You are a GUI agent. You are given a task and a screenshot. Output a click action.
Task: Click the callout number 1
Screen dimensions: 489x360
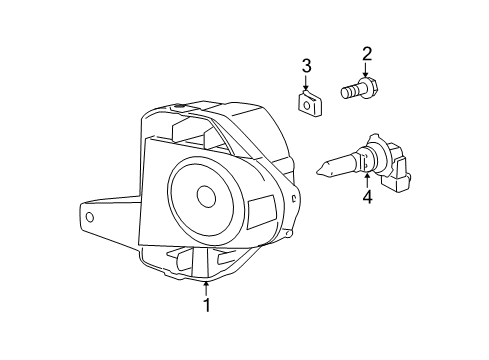pyautogui.click(x=207, y=305)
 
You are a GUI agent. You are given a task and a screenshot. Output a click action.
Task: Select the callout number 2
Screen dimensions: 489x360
pyautogui.click(x=367, y=54)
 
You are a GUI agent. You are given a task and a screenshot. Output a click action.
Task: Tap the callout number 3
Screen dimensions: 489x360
pyautogui.click(x=306, y=66)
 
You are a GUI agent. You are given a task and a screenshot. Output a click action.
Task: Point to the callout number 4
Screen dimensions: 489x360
pyautogui.click(x=367, y=197)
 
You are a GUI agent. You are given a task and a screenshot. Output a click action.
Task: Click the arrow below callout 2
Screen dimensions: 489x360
pyautogui.click(x=366, y=70)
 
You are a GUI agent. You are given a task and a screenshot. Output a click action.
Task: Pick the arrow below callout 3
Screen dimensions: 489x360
pyautogui.click(x=306, y=82)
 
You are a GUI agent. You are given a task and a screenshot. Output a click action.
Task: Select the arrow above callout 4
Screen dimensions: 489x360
pyautogui.click(x=367, y=180)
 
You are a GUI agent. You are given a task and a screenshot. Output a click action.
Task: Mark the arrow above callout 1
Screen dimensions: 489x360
pyautogui.click(x=207, y=288)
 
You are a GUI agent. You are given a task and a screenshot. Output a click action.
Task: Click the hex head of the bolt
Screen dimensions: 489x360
pyautogui.click(x=370, y=87)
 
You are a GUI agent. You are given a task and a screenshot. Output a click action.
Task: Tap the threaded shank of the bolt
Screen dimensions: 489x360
pyautogui.click(x=351, y=91)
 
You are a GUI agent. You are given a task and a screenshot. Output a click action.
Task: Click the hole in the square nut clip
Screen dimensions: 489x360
pyautogui.click(x=307, y=105)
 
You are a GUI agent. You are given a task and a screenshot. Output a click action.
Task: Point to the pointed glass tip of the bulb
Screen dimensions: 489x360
pyautogui.click(x=321, y=170)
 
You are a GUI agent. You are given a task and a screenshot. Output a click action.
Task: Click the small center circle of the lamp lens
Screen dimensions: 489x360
pyautogui.click(x=206, y=196)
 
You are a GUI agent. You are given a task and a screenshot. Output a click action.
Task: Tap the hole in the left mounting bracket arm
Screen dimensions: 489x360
pyautogui.click(x=90, y=218)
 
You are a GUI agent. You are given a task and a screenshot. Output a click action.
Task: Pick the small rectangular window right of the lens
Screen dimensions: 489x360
pyautogui.click(x=263, y=212)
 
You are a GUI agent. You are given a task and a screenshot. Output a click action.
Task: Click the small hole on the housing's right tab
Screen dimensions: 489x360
pyautogui.click(x=293, y=199)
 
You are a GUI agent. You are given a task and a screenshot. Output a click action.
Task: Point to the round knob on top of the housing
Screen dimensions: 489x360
pyautogui.click(x=180, y=107)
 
